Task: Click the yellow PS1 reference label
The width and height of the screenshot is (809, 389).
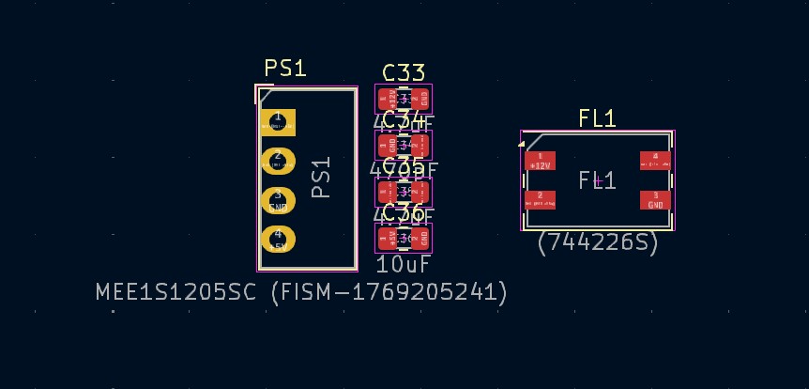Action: [285, 69]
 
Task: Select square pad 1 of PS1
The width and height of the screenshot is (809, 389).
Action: [278, 122]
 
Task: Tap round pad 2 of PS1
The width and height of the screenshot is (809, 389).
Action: [278, 161]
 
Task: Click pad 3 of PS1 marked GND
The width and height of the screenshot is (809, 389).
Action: [278, 200]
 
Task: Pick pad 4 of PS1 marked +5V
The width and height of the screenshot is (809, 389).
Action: [278, 240]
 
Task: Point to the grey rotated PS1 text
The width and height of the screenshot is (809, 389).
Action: [321, 178]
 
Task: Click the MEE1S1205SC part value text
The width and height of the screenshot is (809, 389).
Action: [301, 292]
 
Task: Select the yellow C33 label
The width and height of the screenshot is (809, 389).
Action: [404, 73]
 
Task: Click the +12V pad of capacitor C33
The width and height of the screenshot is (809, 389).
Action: [385, 98]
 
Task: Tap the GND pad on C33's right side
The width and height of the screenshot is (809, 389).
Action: [423, 98]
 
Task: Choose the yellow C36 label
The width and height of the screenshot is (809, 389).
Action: [404, 212]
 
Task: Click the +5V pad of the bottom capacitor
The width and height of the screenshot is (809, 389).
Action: [385, 238]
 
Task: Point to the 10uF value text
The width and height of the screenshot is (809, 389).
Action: [403, 265]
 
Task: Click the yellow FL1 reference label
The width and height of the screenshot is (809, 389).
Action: [597, 118]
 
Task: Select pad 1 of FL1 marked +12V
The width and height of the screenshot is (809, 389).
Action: [540, 161]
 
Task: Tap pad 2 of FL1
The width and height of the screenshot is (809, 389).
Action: [540, 199]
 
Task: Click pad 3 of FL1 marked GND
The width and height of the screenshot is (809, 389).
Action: [655, 199]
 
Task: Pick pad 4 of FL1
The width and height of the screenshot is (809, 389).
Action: [655, 161]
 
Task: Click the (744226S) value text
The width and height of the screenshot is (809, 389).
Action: [598, 242]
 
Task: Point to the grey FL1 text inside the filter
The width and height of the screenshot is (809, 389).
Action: [597, 180]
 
